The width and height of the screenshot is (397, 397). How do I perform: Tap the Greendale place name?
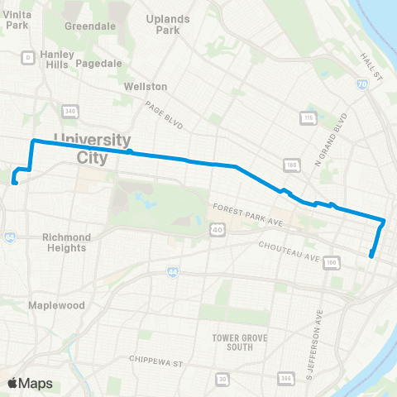click(90, 25)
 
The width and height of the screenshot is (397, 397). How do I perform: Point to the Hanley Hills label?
click(57, 59)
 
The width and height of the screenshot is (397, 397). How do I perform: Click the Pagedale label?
click(98, 63)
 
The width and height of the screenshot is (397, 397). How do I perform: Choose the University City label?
click(91, 146)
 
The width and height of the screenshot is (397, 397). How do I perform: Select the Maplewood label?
click(56, 305)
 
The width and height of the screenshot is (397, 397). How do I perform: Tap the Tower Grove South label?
click(232, 342)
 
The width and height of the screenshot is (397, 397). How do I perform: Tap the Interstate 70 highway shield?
click(361, 84)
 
